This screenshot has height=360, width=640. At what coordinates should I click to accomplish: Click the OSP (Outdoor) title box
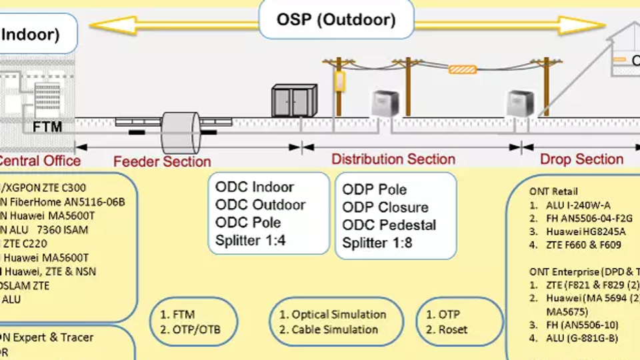(335, 20)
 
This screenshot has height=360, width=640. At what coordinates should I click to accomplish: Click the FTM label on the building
(47, 126)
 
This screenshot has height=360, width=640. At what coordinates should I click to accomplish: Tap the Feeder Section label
(161, 161)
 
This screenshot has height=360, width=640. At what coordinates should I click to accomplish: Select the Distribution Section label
(393, 159)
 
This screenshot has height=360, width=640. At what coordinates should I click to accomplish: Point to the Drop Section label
(581, 159)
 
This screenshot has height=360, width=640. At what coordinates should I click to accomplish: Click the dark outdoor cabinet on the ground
(293, 101)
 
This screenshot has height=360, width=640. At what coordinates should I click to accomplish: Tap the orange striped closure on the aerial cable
(465, 69)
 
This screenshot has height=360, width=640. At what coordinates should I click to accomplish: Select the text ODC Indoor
(254, 187)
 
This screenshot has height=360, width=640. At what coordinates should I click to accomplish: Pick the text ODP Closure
(385, 207)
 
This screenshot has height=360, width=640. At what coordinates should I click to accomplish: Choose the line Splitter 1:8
(377, 243)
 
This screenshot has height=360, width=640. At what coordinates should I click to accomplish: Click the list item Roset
(453, 329)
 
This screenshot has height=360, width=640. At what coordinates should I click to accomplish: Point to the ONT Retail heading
(553, 191)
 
